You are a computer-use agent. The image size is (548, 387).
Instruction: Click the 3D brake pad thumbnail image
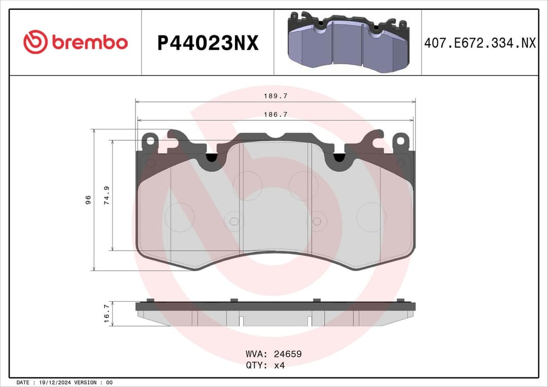348,42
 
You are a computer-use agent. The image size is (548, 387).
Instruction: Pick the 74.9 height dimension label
107,195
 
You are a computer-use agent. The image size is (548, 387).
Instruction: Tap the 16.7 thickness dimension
107,313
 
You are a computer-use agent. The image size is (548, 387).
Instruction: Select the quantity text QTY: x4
265,365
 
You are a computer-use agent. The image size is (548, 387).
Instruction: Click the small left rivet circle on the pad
233,221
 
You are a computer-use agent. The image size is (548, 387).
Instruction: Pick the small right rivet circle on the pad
316,221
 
